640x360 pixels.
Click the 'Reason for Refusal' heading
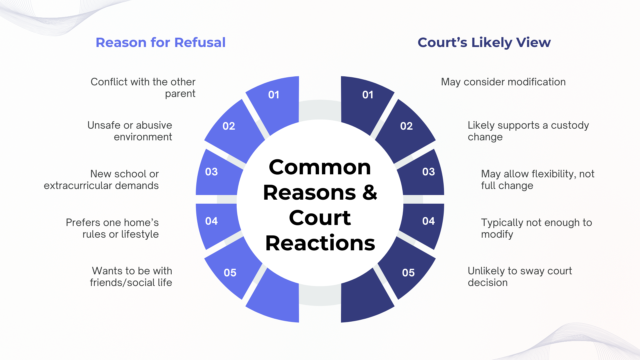click(160, 42)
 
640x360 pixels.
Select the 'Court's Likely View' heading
click(484, 42)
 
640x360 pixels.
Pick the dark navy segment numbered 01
click(367, 100)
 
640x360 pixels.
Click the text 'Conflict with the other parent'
click(143, 88)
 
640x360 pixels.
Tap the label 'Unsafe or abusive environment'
click(130, 131)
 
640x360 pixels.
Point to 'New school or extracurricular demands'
click(101, 180)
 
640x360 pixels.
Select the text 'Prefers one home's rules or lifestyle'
click(112, 228)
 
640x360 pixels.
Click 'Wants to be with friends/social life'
click(131, 277)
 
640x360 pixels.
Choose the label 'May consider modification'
click(503, 82)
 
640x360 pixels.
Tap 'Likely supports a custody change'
click(528, 131)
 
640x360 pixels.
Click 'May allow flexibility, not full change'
click(537, 180)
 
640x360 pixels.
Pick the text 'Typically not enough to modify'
click(536, 228)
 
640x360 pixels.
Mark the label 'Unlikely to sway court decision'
click(520, 277)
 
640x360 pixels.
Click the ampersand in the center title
click(370, 193)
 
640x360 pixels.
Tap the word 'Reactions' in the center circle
click(320, 243)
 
